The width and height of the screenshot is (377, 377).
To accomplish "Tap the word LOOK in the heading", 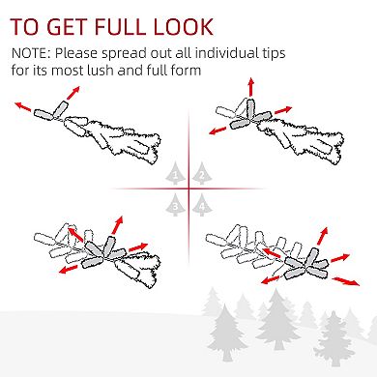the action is click(x=184, y=27).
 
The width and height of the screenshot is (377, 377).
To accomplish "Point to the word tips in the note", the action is click(x=274, y=54).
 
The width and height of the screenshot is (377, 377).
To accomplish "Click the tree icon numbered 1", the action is click(x=175, y=173).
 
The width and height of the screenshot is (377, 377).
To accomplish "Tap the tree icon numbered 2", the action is click(x=202, y=173).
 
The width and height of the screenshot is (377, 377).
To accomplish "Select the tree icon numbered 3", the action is click(x=175, y=205).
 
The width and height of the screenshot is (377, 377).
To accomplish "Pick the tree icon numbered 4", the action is click(x=202, y=205).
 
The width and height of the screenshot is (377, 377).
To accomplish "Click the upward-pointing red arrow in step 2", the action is click(x=250, y=87).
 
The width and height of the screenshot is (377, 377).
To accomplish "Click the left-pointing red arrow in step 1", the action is click(x=23, y=106).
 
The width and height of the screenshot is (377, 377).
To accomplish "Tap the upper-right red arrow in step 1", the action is click(x=72, y=93).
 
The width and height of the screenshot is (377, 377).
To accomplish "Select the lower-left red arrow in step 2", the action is click(x=217, y=130).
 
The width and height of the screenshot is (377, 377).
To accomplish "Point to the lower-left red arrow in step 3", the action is click(x=69, y=269).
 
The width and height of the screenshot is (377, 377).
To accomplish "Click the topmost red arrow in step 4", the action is click(x=323, y=236).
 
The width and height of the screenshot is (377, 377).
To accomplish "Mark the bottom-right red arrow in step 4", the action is click(x=346, y=281).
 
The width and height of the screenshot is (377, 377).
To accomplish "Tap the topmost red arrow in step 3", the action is click(x=117, y=225).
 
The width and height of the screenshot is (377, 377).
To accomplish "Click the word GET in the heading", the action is click(x=69, y=27).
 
